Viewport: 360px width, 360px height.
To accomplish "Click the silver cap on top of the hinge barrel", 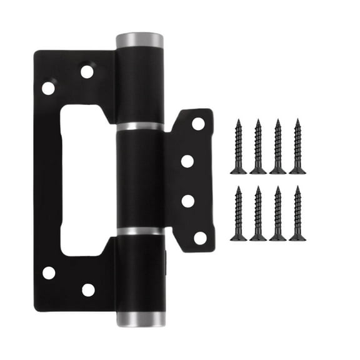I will click(x=140, y=41).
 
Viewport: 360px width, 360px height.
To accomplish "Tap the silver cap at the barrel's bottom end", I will click(x=141, y=319).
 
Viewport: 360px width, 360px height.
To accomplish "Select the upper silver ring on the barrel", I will click(x=140, y=127).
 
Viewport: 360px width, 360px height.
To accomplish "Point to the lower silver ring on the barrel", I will click(x=141, y=231).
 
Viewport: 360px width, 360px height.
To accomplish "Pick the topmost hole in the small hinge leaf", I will click(x=198, y=124).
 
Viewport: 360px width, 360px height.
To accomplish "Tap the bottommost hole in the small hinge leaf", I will click(x=199, y=237).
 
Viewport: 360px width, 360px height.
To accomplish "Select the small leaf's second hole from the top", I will click(x=187, y=161).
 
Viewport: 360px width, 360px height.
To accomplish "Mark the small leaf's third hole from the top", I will click(x=187, y=201).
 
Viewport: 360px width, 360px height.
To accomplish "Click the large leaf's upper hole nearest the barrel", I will click(x=87, y=72).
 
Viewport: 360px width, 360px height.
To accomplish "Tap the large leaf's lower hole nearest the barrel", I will click(x=88, y=289).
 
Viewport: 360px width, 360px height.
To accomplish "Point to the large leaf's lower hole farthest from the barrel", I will click(x=49, y=272).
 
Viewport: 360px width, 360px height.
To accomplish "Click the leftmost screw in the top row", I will click(x=238, y=147).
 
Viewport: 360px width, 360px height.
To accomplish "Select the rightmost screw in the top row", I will click(x=297, y=147).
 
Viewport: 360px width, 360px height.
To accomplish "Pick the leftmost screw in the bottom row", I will click(x=238, y=213).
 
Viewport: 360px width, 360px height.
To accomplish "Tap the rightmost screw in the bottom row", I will click(x=297, y=213).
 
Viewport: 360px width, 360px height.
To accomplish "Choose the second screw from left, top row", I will click(x=258, y=147).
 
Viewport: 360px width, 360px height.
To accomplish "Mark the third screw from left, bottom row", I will click(x=278, y=213).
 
